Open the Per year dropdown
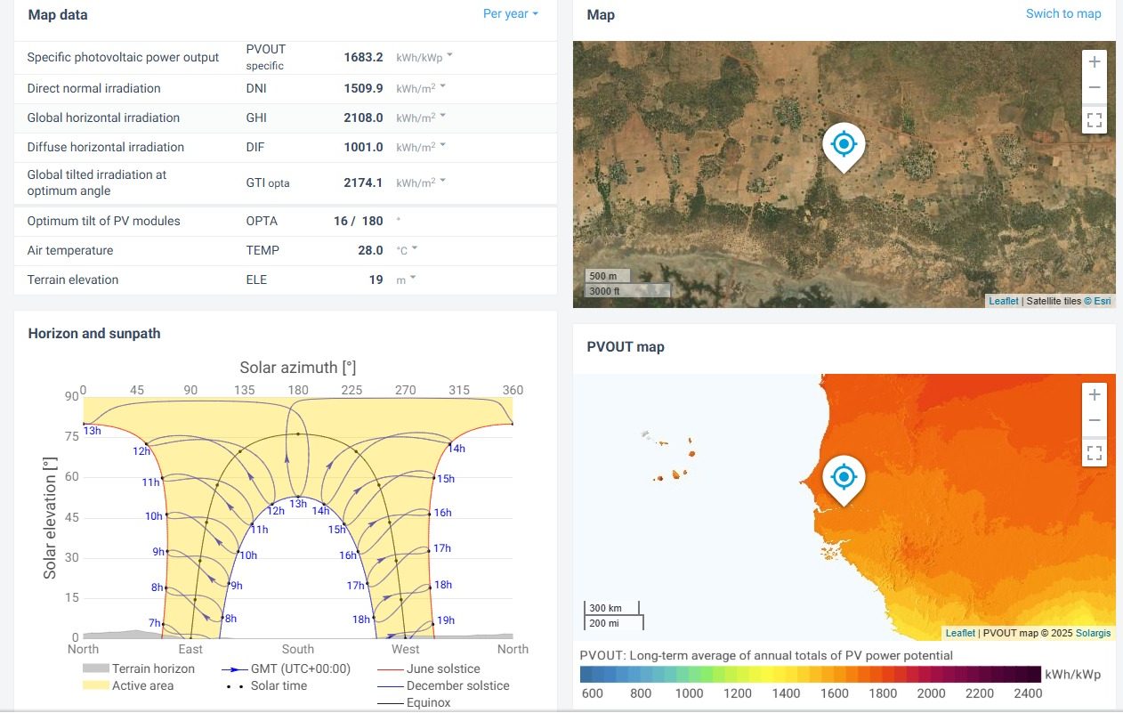[x=511, y=14]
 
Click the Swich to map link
[x=1062, y=14]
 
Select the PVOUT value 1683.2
[x=363, y=57]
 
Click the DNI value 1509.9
[x=363, y=88]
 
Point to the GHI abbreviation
[x=256, y=117]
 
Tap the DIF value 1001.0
[x=363, y=147]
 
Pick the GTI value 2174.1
[x=363, y=182]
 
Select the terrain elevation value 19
[x=376, y=280]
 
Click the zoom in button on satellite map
[x=1094, y=62]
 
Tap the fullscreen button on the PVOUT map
[x=1094, y=453]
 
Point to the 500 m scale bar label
[x=604, y=276]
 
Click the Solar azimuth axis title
[x=297, y=368]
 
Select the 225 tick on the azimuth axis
[x=351, y=390]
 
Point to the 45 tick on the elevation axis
[x=70, y=517]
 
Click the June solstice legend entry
[x=442, y=668]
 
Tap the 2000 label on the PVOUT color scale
[x=931, y=693]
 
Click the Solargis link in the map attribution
[x=1093, y=633]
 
